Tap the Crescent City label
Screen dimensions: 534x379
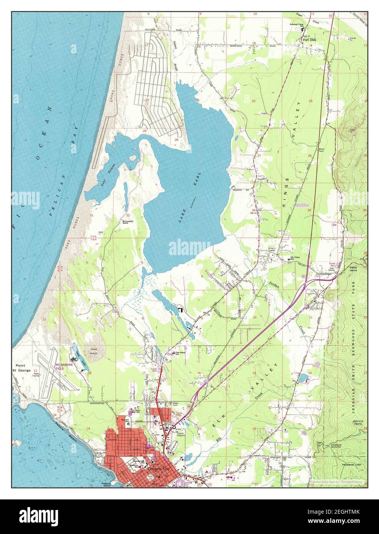(157, 469)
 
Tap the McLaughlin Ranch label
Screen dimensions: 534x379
(128, 223)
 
